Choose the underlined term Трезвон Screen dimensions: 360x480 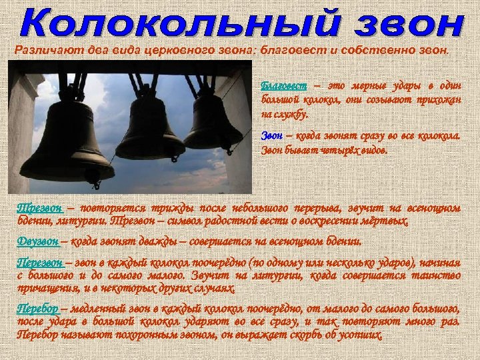coord(39,207)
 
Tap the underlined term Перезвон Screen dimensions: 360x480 coord(41,262)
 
